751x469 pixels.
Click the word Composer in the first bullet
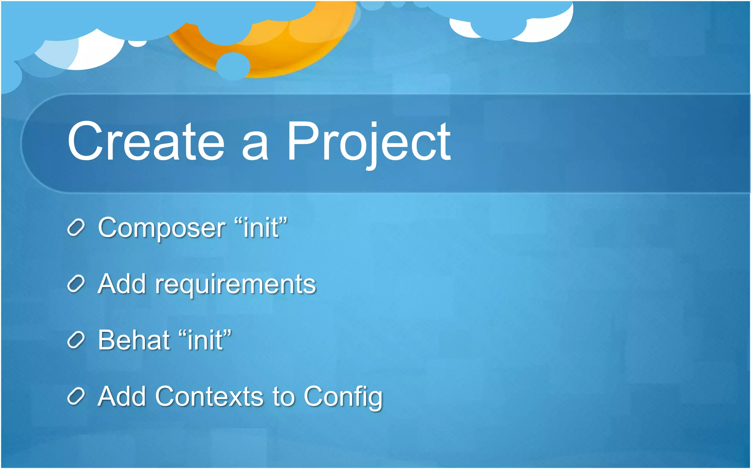point(161,228)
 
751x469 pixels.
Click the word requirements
point(235,285)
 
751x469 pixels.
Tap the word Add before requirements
point(122,284)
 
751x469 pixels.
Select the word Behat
point(133,340)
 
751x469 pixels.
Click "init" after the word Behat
point(205,340)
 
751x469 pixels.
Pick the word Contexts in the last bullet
point(209,396)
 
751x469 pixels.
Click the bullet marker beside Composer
point(76,228)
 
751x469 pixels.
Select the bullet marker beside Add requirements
point(76,284)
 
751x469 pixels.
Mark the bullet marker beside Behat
point(76,340)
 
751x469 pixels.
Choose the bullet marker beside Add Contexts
point(76,397)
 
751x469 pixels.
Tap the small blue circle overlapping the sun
point(233,66)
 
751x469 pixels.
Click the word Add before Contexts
point(122,396)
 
